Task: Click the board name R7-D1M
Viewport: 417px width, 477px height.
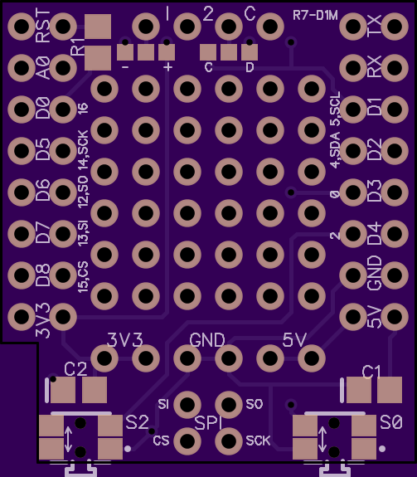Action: [x=315, y=15]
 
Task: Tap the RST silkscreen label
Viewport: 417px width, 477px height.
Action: [x=42, y=26]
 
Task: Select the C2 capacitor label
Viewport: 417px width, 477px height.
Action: [x=75, y=369]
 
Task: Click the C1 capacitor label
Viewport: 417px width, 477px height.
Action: [x=371, y=372]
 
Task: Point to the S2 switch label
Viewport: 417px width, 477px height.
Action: [x=138, y=422]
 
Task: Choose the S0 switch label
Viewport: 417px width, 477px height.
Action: [x=391, y=422]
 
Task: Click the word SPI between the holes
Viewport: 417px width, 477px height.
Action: [x=209, y=423]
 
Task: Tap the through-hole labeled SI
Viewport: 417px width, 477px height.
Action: [x=187, y=404]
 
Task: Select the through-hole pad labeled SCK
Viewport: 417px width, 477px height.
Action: [x=229, y=440]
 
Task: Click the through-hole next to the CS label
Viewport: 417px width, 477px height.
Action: [x=187, y=440]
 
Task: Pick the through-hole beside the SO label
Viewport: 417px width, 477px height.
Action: [x=229, y=404]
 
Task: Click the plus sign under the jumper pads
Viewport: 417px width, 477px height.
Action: [x=167, y=66]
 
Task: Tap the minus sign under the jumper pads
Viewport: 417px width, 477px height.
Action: [x=125, y=66]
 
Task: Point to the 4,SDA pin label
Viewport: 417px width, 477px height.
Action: [x=335, y=150]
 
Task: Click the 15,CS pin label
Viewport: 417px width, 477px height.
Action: [x=83, y=277]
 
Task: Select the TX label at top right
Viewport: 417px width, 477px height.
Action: [x=374, y=26]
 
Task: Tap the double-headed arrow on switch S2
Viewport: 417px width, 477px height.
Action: [x=68, y=439]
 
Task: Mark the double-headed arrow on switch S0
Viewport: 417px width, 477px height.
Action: [x=322, y=439]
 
